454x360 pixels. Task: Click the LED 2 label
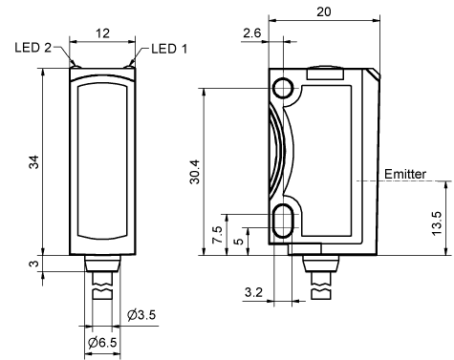coord(32,48)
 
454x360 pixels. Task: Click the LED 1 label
coord(169,49)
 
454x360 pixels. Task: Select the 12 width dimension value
coord(102,33)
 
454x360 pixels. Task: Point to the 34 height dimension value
coord(33,161)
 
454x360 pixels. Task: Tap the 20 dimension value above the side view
coord(324,11)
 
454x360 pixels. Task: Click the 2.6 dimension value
coord(251,32)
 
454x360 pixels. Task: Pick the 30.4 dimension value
coord(194,172)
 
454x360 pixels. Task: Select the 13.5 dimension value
coord(437,223)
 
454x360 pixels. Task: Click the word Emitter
coord(405,174)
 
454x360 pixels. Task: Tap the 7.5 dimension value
coord(218,235)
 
